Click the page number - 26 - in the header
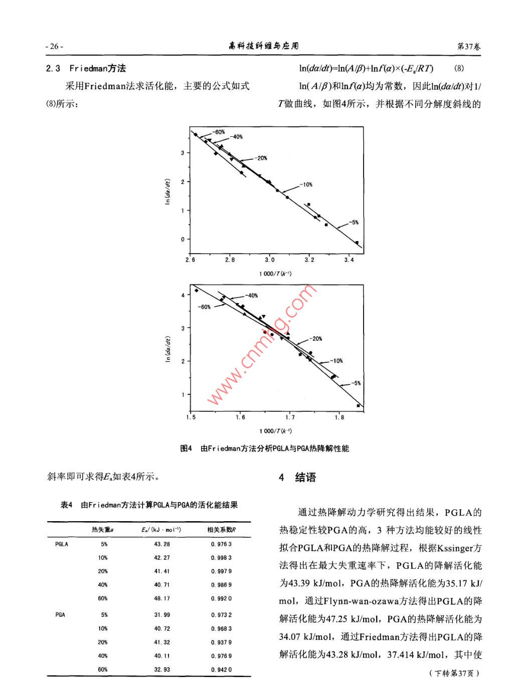coord(54,47)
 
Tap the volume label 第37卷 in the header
coord(468,47)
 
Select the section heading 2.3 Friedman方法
coord(86,69)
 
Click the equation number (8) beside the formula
coord(459,69)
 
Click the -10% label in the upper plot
coord(306,185)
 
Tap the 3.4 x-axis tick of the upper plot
coord(349,260)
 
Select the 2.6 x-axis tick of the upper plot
coord(190,260)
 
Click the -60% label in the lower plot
coord(204,307)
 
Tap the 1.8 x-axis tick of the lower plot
coord(339,417)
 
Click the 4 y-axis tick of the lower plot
coord(183,295)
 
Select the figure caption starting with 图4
coord(264,448)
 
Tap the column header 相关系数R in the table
coord(221,530)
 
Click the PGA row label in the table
coord(60,615)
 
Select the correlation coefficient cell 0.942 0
coord(221,669)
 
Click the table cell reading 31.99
coord(162,615)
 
